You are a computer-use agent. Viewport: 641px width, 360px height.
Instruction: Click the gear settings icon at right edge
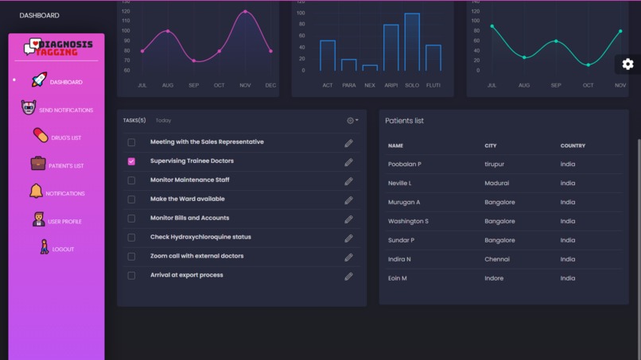point(627,64)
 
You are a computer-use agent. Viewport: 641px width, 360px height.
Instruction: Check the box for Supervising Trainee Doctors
point(131,161)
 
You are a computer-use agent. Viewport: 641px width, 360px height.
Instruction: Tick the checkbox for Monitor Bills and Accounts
point(131,219)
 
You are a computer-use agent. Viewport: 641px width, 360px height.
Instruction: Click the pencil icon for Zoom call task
point(348,257)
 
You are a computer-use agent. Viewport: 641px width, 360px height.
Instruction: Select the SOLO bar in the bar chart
point(412,43)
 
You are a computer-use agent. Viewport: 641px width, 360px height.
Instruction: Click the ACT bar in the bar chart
point(328,56)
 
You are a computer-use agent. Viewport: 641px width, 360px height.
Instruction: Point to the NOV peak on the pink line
point(245,12)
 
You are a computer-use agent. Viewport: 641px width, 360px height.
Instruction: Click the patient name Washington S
point(408,222)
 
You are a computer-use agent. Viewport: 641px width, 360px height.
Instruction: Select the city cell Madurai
point(496,184)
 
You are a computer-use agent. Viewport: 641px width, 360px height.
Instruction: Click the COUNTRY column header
point(573,146)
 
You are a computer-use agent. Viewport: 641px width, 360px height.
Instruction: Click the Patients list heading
point(404,121)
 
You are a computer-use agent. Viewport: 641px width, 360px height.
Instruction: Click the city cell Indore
point(494,279)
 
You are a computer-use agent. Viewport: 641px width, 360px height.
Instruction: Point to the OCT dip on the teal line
point(589,65)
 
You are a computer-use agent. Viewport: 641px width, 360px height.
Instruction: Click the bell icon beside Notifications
point(36,192)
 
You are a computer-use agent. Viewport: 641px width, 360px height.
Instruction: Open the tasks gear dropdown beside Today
point(352,121)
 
